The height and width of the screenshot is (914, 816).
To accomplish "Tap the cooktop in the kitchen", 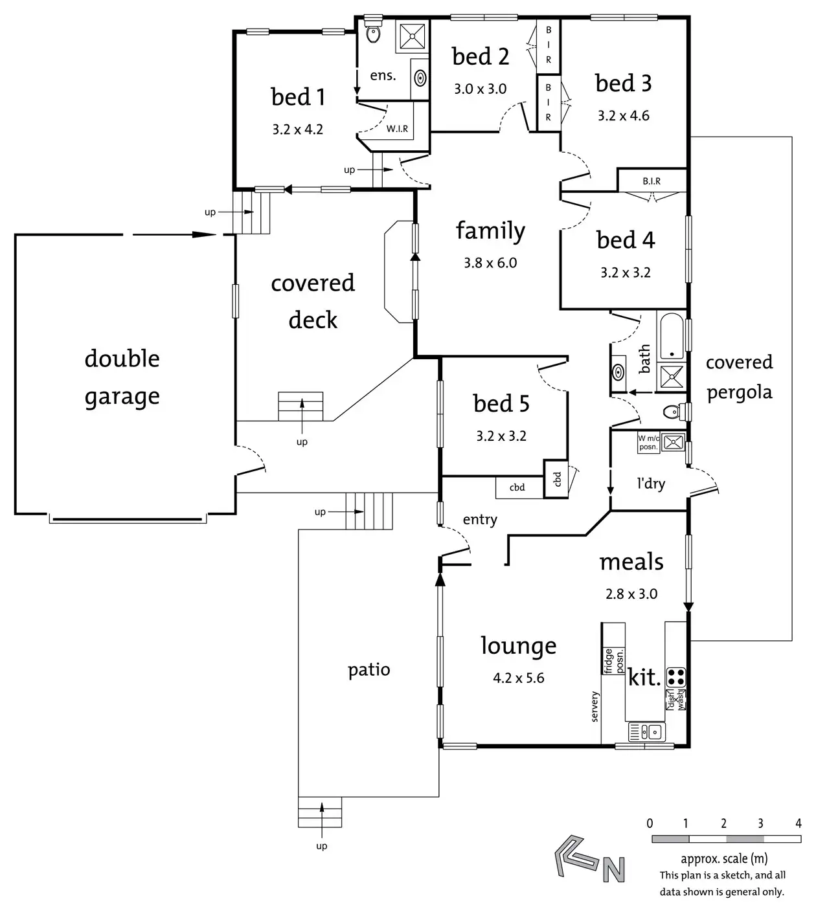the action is (x=675, y=677).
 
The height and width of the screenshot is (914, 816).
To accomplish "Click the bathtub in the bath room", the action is (x=672, y=336).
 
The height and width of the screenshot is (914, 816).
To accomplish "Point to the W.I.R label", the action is (x=397, y=129).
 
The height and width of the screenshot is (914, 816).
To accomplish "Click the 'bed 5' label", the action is (x=501, y=403).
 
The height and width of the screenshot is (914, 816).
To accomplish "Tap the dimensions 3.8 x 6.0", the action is (x=490, y=263).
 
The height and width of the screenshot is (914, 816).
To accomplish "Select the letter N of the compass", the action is (x=614, y=869).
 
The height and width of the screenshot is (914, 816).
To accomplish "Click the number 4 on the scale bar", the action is (x=799, y=823).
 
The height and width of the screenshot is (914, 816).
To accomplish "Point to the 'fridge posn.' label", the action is (x=613, y=661).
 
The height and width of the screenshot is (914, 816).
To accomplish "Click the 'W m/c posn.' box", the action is (x=648, y=443).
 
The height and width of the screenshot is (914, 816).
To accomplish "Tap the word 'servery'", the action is (x=595, y=706).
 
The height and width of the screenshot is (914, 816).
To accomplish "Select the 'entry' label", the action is (x=480, y=519).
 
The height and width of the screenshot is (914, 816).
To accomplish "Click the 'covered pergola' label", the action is (x=740, y=377).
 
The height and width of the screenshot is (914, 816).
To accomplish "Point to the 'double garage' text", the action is (x=122, y=377).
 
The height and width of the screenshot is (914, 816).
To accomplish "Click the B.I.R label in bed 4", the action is (x=652, y=181).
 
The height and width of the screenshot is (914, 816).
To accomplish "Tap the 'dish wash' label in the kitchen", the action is (x=675, y=699).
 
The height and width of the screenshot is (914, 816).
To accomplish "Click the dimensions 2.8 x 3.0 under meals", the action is (x=631, y=594).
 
